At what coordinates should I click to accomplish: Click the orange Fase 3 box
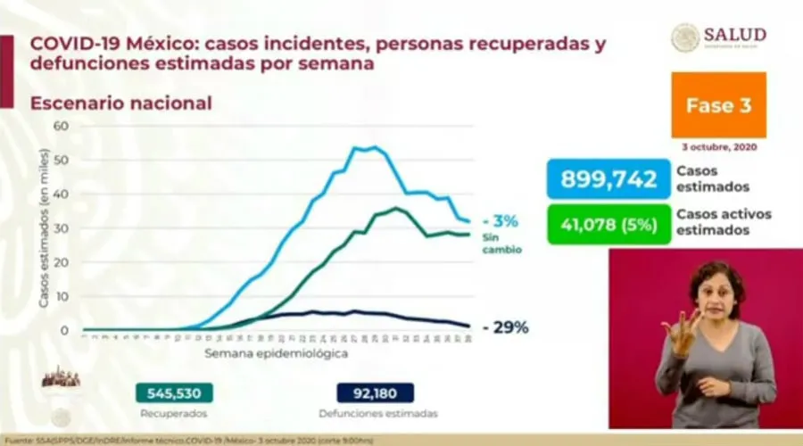[x=719, y=105]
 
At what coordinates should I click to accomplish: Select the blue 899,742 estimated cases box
[x=608, y=179]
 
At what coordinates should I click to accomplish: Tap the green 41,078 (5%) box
[x=608, y=226]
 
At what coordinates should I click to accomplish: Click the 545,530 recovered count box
[x=174, y=393]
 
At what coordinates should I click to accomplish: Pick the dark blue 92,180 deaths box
[x=376, y=393]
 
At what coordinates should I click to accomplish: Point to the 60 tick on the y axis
[x=62, y=126]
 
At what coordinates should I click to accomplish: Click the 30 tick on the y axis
[x=62, y=228]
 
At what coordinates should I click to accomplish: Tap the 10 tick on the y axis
[x=62, y=296]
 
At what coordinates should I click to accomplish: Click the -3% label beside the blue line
[x=500, y=221]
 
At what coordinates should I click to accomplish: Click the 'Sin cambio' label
[x=503, y=244]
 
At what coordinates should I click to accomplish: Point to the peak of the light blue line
[x=373, y=147]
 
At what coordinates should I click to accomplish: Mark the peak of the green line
[x=396, y=209]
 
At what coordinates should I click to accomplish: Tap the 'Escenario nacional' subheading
[x=121, y=103]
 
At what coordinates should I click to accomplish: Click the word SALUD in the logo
[x=734, y=35]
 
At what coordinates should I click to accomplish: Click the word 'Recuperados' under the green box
[x=174, y=414]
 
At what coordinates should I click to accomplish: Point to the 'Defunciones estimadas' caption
[x=378, y=414]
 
